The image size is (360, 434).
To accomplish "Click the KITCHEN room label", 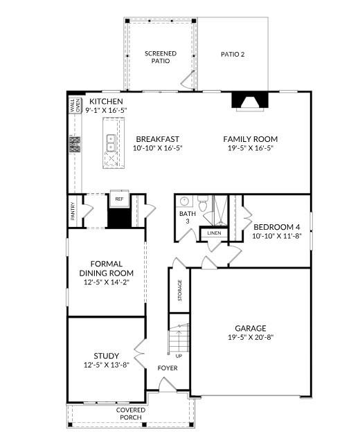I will click(106, 102).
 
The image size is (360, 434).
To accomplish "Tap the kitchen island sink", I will click(111, 142).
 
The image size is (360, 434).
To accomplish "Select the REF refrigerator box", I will click(119, 198).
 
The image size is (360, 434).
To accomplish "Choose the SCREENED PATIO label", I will click(160, 57).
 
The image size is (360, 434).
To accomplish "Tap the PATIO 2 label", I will click(233, 54).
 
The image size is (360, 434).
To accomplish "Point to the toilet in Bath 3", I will click(203, 204).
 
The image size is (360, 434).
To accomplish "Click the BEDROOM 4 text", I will click(277, 227).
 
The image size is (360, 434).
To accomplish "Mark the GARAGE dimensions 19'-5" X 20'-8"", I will click(250, 338).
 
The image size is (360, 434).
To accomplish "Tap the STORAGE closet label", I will click(180, 290).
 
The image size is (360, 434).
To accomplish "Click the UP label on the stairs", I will click(178, 355).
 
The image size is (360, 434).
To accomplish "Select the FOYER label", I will click(167, 368).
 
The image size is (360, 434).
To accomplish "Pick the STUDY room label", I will click(106, 356).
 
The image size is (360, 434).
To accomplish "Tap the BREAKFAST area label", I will click(157, 138).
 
